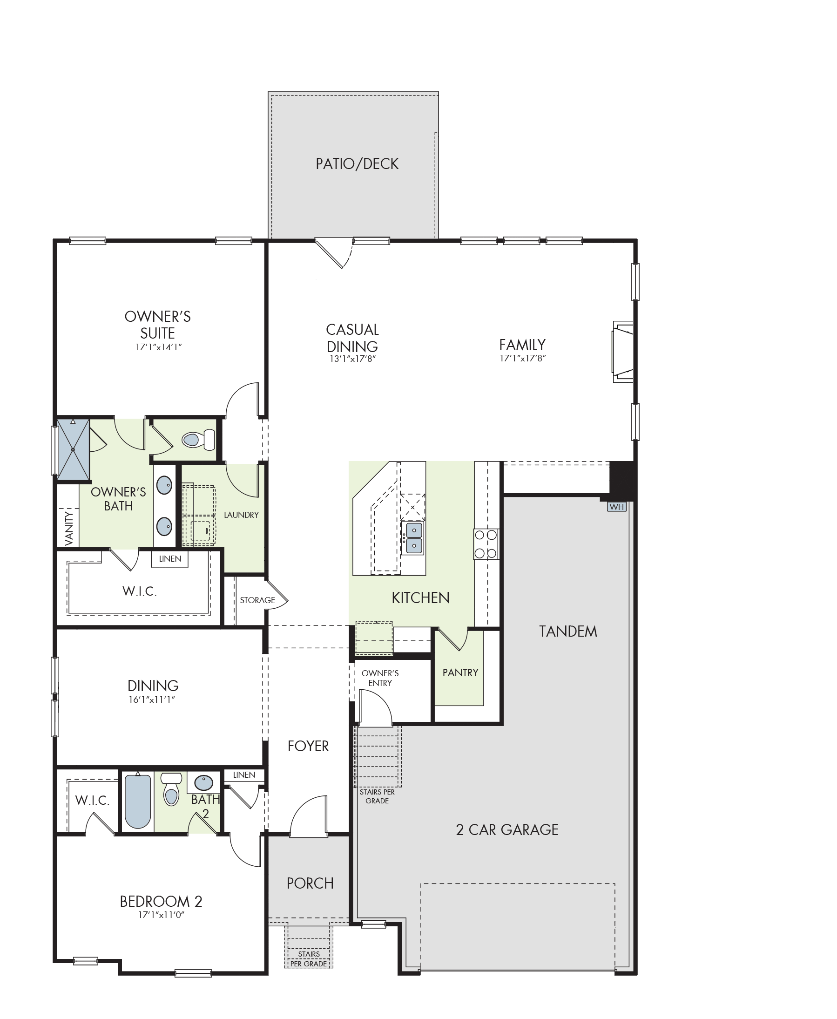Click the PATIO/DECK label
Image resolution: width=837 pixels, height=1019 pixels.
pyautogui.click(x=357, y=164)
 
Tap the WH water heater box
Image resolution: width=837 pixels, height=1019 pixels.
pyautogui.click(x=617, y=507)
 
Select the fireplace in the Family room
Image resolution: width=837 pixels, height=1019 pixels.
pyautogui.click(x=622, y=352)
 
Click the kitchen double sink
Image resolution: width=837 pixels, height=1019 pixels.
pyautogui.click(x=414, y=538)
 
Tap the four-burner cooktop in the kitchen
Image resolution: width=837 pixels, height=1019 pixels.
pyautogui.click(x=486, y=544)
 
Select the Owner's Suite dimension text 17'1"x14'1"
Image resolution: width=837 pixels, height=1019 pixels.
pyautogui.click(x=159, y=347)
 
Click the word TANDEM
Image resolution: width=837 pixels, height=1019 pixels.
pyautogui.click(x=568, y=631)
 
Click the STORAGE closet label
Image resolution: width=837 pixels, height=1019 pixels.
pyautogui.click(x=257, y=600)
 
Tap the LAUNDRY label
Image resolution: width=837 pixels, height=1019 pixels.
pyautogui.click(x=241, y=515)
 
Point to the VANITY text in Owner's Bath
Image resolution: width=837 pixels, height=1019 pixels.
pyautogui.click(x=68, y=529)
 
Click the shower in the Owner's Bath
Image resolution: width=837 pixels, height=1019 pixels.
pyautogui.click(x=73, y=449)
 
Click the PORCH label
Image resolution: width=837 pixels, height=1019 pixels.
pyautogui.click(x=310, y=883)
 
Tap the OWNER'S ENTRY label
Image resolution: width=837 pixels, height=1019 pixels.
pyautogui.click(x=380, y=678)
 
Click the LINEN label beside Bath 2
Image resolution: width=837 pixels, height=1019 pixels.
pyautogui.click(x=244, y=774)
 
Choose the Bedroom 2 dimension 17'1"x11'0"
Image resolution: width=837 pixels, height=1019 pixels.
pyautogui.click(x=162, y=915)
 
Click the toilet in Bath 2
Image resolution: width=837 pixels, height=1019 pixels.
pyautogui.click(x=171, y=790)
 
